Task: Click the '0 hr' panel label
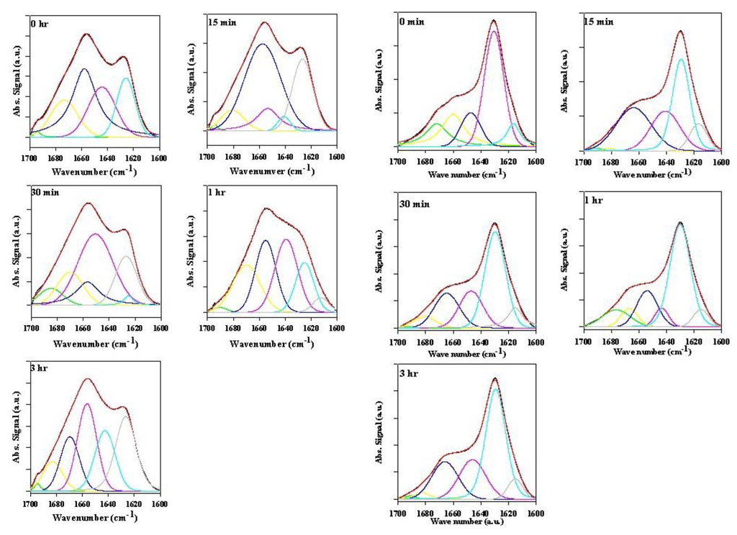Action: click(40, 23)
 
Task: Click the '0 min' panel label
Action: click(412, 22)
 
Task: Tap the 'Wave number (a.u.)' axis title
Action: click(466, 521)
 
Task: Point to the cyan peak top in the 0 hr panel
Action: click(126, 78)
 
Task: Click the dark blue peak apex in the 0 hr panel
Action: click(84, 69)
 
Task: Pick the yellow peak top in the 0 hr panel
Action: click(63, 100)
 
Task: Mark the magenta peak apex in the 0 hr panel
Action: click(102, 87)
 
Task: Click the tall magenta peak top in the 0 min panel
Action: click(494, 31)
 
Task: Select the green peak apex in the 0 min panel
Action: click(436, 124)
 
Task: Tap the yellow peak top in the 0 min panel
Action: click(453, 114)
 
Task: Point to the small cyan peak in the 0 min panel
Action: click(515, 124)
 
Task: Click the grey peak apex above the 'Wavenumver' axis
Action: click(303, 59)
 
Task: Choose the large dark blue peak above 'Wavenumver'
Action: click(262, 45)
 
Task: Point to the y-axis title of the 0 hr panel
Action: click(8, 84)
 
